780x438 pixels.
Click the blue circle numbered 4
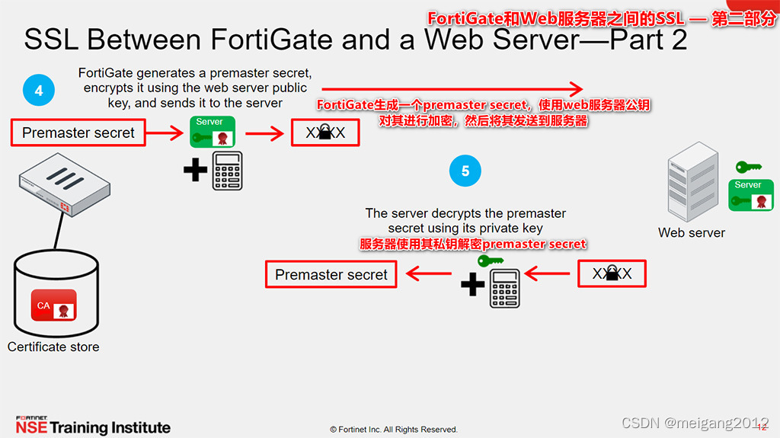click(38, 91)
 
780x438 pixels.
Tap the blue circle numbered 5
click(465, 171)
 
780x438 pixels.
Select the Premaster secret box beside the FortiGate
click(78, 133)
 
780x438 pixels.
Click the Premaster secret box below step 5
click(331, 275)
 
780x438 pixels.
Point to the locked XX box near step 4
click(325, 133)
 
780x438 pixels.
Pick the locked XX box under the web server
click(612, 273)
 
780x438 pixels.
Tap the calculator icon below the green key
click(504, 288)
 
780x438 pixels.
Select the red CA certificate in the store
click(53, 305)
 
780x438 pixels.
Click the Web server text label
click(692, 233)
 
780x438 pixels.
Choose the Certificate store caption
click(53, 347)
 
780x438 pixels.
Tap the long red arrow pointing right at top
click(457, 89)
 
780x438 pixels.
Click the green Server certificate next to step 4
click(213, 132)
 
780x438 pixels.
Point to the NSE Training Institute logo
click(93, 426)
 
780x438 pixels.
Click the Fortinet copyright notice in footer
click(394, 430)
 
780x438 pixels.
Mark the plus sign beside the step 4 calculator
click(195, 170)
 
